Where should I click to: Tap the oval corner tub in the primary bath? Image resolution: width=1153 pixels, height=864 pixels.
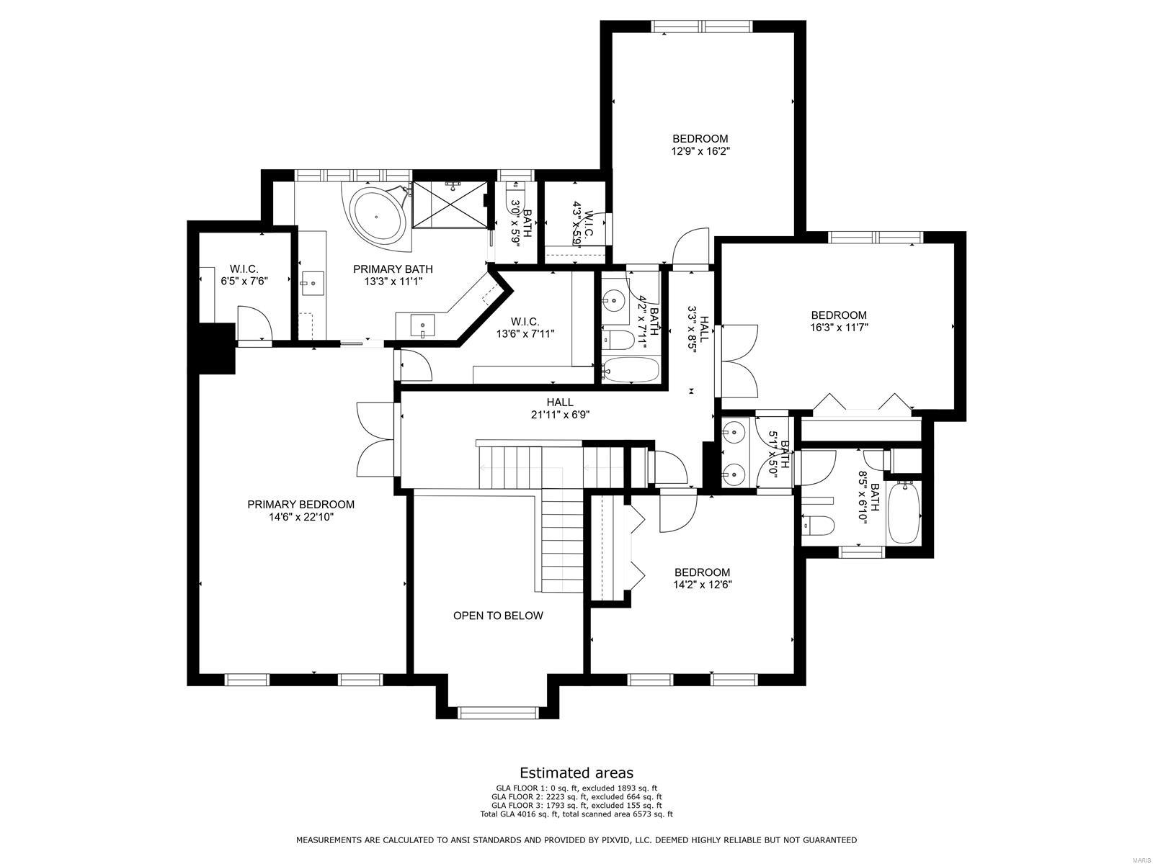click(x=378, y=215)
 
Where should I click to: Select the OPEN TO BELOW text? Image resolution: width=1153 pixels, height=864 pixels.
click(x=498, y=616)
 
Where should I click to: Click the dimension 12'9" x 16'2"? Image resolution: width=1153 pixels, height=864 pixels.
click(x=700, y=152)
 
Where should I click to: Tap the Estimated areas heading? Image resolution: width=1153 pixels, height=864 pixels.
click(x=576, y=773)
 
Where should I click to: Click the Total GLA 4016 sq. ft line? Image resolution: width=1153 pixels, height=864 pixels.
click(x=576, y=814)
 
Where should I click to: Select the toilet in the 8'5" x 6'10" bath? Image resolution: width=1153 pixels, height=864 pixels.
click(x=818, y=526)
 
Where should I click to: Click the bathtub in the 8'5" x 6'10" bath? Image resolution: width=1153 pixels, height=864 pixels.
click(x=903, y=513)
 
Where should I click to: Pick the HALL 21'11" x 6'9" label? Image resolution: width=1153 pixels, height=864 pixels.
click(x=560, y=408)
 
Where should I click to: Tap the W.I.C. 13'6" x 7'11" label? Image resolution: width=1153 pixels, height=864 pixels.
click(x=525, y=328)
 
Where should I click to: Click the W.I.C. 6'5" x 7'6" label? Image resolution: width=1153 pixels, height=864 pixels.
click(x=244, y=275)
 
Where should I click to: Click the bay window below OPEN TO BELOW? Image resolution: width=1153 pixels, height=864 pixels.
click(x=498, y=713)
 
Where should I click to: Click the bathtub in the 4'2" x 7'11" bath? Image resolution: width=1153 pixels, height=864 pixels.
click(x=631, y=370)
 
